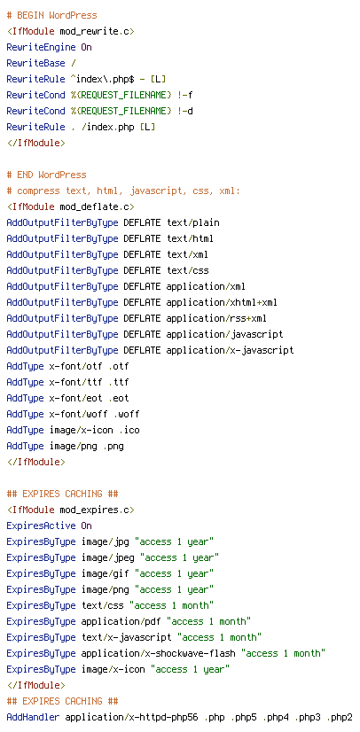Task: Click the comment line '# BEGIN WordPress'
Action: tap(51, 15)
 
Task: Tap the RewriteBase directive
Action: tap(36, 63)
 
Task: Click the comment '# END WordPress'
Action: tap(47, 175)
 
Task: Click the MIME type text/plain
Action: tap(192, 222)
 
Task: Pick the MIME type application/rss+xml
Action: tap(216, 318)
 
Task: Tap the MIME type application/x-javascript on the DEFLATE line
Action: tap(231, 350)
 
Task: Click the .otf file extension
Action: tap(118, 367)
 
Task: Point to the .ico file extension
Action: tap(129, 430)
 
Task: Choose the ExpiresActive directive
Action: tap(41, 526)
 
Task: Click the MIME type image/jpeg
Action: tap(110, 558)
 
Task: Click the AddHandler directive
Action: tap(33, 717)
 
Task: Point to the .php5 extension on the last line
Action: tap(243, 717)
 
